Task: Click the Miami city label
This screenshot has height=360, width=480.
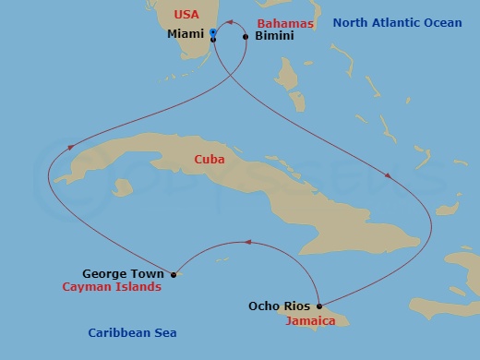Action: (186, 34)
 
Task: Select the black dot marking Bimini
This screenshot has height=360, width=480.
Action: (246, 37)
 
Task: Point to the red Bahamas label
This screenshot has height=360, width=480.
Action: (285, 22)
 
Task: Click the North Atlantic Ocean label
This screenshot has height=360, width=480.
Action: (397, 22)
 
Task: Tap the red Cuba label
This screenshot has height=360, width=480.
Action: (210, 160)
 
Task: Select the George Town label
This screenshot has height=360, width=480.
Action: (123, 273)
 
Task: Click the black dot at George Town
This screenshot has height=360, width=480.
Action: (174, 274)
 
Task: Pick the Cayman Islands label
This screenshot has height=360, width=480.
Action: (112, 287)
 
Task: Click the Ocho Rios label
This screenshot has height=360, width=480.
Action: (279, 306)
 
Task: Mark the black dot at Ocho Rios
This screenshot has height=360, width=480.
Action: (318, 306)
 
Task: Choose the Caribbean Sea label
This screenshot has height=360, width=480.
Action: (132, 332)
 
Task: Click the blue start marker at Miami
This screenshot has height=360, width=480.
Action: (213, 32)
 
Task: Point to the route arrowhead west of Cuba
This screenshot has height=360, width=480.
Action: (70, 147)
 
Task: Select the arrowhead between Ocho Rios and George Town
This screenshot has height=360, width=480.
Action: (246, 243)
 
